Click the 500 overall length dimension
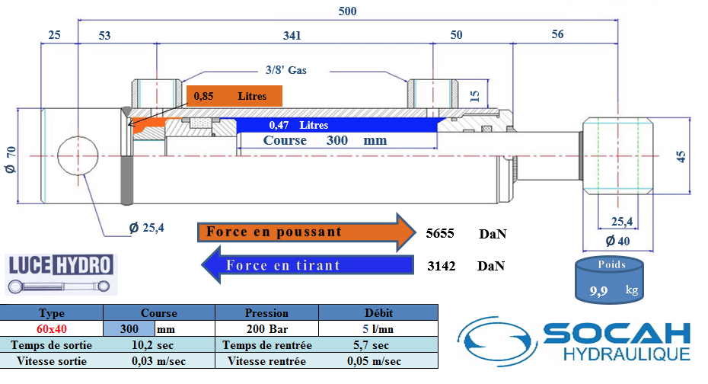tap(347, 11)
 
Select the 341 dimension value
tap(292, 36)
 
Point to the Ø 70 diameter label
tap(11, 159)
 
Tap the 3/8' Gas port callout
tap(285, 70)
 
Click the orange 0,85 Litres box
tap(234, 96)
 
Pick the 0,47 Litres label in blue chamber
tap(298, 125)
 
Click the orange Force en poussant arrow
tap(307, 232)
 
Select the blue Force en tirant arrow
tap(308, 265)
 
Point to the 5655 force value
tap(440, 233)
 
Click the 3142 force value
tap(441, 266)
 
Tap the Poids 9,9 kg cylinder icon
tap(609, 280)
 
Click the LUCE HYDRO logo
tap(61, 274)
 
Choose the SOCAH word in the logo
tap(617, 334)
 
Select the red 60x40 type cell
tap(52, 329)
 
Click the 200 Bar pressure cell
tap(267, 329)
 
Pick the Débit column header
tap(378, 312)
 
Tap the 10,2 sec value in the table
tap(152, 345)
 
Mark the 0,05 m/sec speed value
tap(374, 361)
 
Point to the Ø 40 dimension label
tap(617, 241)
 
